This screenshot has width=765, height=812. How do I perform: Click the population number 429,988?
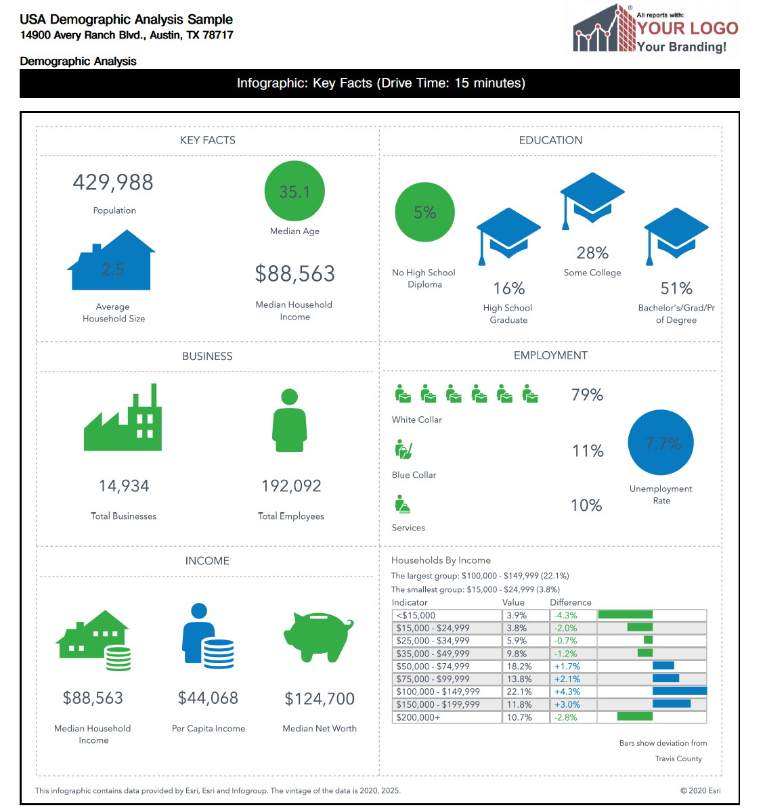pos(113,183)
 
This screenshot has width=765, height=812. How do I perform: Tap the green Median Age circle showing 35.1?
pos(294,191)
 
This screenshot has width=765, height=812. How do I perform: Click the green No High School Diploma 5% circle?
pos(424,212)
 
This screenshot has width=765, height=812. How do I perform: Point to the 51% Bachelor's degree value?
pos(676,289)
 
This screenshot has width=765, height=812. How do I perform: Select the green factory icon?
pos(123,420)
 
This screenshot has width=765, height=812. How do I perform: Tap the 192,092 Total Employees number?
pos(291,486)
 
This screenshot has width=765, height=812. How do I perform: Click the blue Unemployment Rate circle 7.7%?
pos(661,443)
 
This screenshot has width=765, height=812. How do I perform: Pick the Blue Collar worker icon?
pos(403,449)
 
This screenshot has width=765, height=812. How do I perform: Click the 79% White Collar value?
pos(587,395)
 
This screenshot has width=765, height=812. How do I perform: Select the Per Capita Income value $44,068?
pos(208,698)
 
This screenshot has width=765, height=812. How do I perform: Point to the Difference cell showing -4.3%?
pos(572,615)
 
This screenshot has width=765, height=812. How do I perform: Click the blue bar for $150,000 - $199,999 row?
pos(671,704)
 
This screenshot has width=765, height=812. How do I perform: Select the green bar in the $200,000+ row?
pos(634,717)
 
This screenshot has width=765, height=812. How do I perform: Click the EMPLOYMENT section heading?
pos(550,356)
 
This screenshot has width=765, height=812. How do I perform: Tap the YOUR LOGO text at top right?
pos(687,28)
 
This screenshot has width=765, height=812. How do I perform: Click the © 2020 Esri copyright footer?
pos(700,790)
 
